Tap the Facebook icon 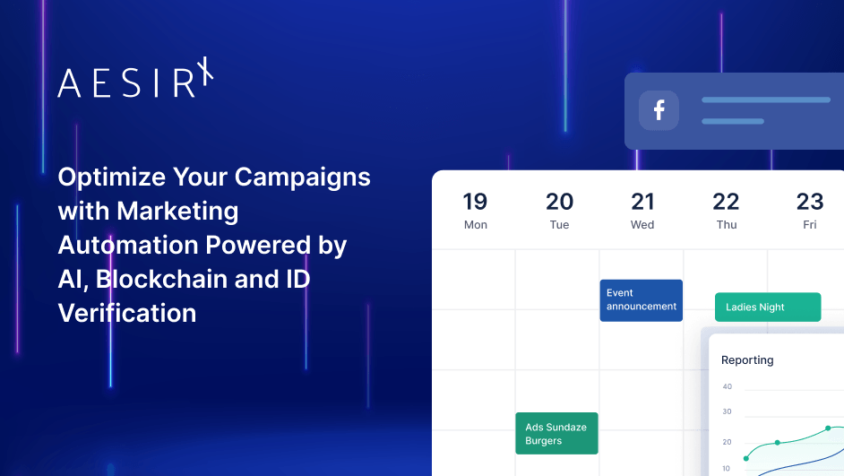[x=659, y=110]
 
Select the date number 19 [x=475, y=201]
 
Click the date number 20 [x=559, y=201]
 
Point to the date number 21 [x=642, y=201]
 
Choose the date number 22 [x=726, y=201]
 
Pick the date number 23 [x=809, y=201]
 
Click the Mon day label [x=475, y=225]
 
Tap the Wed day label [x=642, y=225]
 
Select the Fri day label [x=809, y=225]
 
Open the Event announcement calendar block [x=641, y=300]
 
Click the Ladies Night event [x=767, y=307]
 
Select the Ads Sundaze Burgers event [x=556, y=434]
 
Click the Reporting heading [x=747, y=360]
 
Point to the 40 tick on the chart [x=727, y=387]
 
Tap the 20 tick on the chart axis [x=727, y=442]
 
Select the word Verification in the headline [x=127, y=313]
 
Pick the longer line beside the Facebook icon [x=765, y=100]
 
